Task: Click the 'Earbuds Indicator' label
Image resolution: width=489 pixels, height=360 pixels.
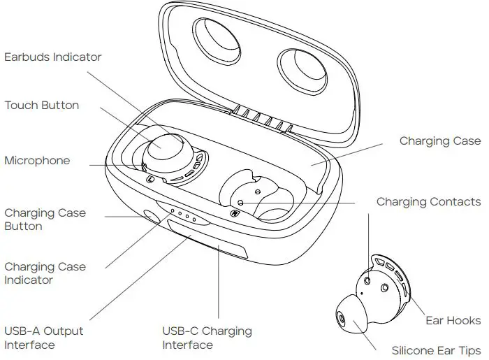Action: coord(53,57)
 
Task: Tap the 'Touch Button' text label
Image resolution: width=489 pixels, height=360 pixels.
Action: coord(42,106)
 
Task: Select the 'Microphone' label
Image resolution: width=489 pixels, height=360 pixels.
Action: coord(38,161)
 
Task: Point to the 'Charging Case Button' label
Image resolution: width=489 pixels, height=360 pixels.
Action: coord(45,219)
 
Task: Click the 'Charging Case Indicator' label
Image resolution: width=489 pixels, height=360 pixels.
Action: coord(45,273)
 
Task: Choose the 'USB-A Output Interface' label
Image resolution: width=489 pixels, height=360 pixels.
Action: coord(44,338)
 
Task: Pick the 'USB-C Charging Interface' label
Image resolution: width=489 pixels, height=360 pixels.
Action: coord(207,338)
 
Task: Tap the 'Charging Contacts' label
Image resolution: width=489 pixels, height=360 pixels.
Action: coord(429,202)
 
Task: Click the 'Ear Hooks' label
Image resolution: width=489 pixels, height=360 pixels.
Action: coord(453,321)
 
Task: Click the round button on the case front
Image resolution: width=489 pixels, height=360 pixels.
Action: coord(150,217)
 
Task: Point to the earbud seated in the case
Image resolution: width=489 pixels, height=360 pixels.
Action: coord(166,153)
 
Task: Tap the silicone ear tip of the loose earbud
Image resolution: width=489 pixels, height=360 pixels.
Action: coord(349,316)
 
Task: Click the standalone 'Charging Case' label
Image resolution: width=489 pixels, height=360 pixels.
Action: coord(440,141)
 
